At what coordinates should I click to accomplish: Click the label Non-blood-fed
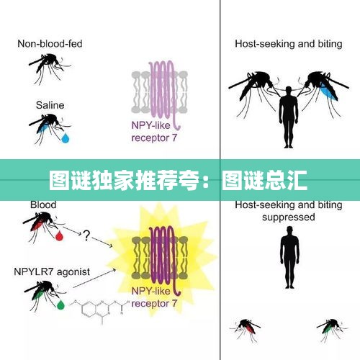coord(50,44)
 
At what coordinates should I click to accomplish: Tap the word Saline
coord(50,105)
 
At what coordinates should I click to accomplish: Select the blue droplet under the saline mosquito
coord(66,138)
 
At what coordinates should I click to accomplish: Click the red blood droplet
coord(59,235)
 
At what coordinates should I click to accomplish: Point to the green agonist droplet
coord(60,305)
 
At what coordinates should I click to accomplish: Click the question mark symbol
coord(86,235)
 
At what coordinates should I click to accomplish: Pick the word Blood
coord(43,204)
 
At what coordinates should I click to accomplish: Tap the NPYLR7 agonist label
coord(52,271)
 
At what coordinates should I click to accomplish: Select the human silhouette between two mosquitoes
coord(288,117)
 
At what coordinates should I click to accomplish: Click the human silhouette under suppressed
coord(289,257)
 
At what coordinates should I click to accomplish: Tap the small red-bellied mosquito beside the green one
coord(246,329)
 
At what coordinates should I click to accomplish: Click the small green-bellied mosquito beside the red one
coord(332,329)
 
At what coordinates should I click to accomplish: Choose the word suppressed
coord(289,217)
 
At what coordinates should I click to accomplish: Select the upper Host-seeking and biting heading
coord(289,44)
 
